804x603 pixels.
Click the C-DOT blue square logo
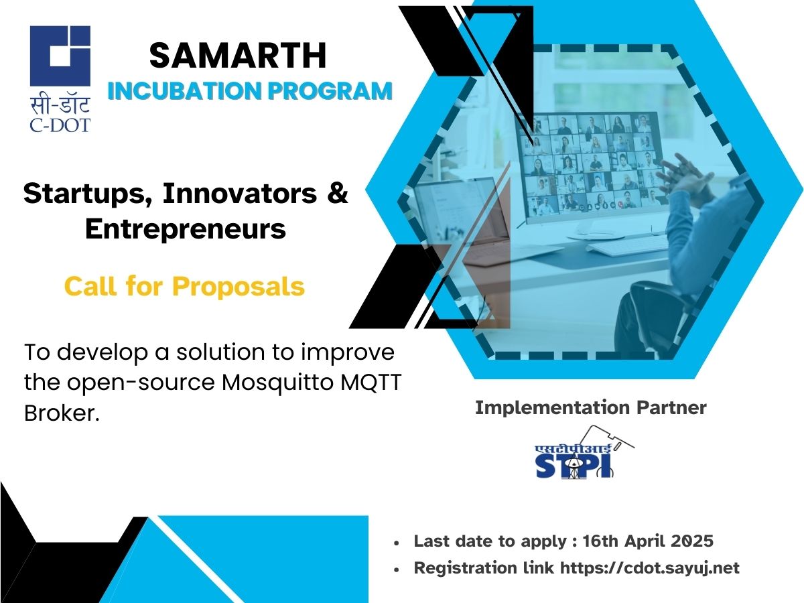click(x=60, y=56)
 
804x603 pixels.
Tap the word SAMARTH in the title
click(x=238, y=56)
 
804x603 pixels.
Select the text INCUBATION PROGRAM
click(x=249, y=91)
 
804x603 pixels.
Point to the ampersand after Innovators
click(x=339, y=194)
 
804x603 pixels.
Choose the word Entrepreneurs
click(x=186, y=229)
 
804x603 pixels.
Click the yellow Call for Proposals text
click(x=184, y=286)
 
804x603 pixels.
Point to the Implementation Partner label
click(x=590, y=407)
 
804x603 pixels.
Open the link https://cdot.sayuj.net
click(x=649, y=568)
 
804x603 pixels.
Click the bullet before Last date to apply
click(x=398, y=542)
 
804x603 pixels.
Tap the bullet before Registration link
click(x=398, y=569)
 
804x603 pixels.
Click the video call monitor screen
click(x=590, y=164)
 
